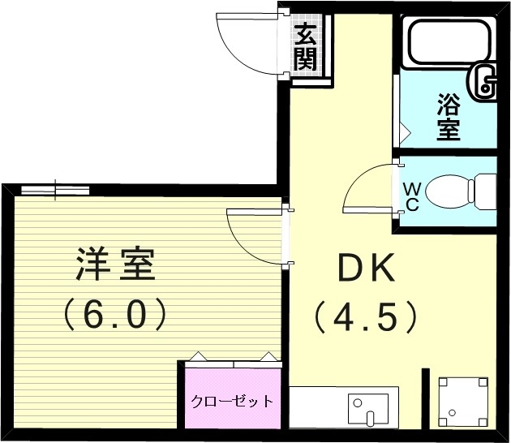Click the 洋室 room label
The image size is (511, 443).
116,265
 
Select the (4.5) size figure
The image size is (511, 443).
366,316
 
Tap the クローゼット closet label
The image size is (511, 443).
232,401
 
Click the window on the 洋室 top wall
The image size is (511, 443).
55,190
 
